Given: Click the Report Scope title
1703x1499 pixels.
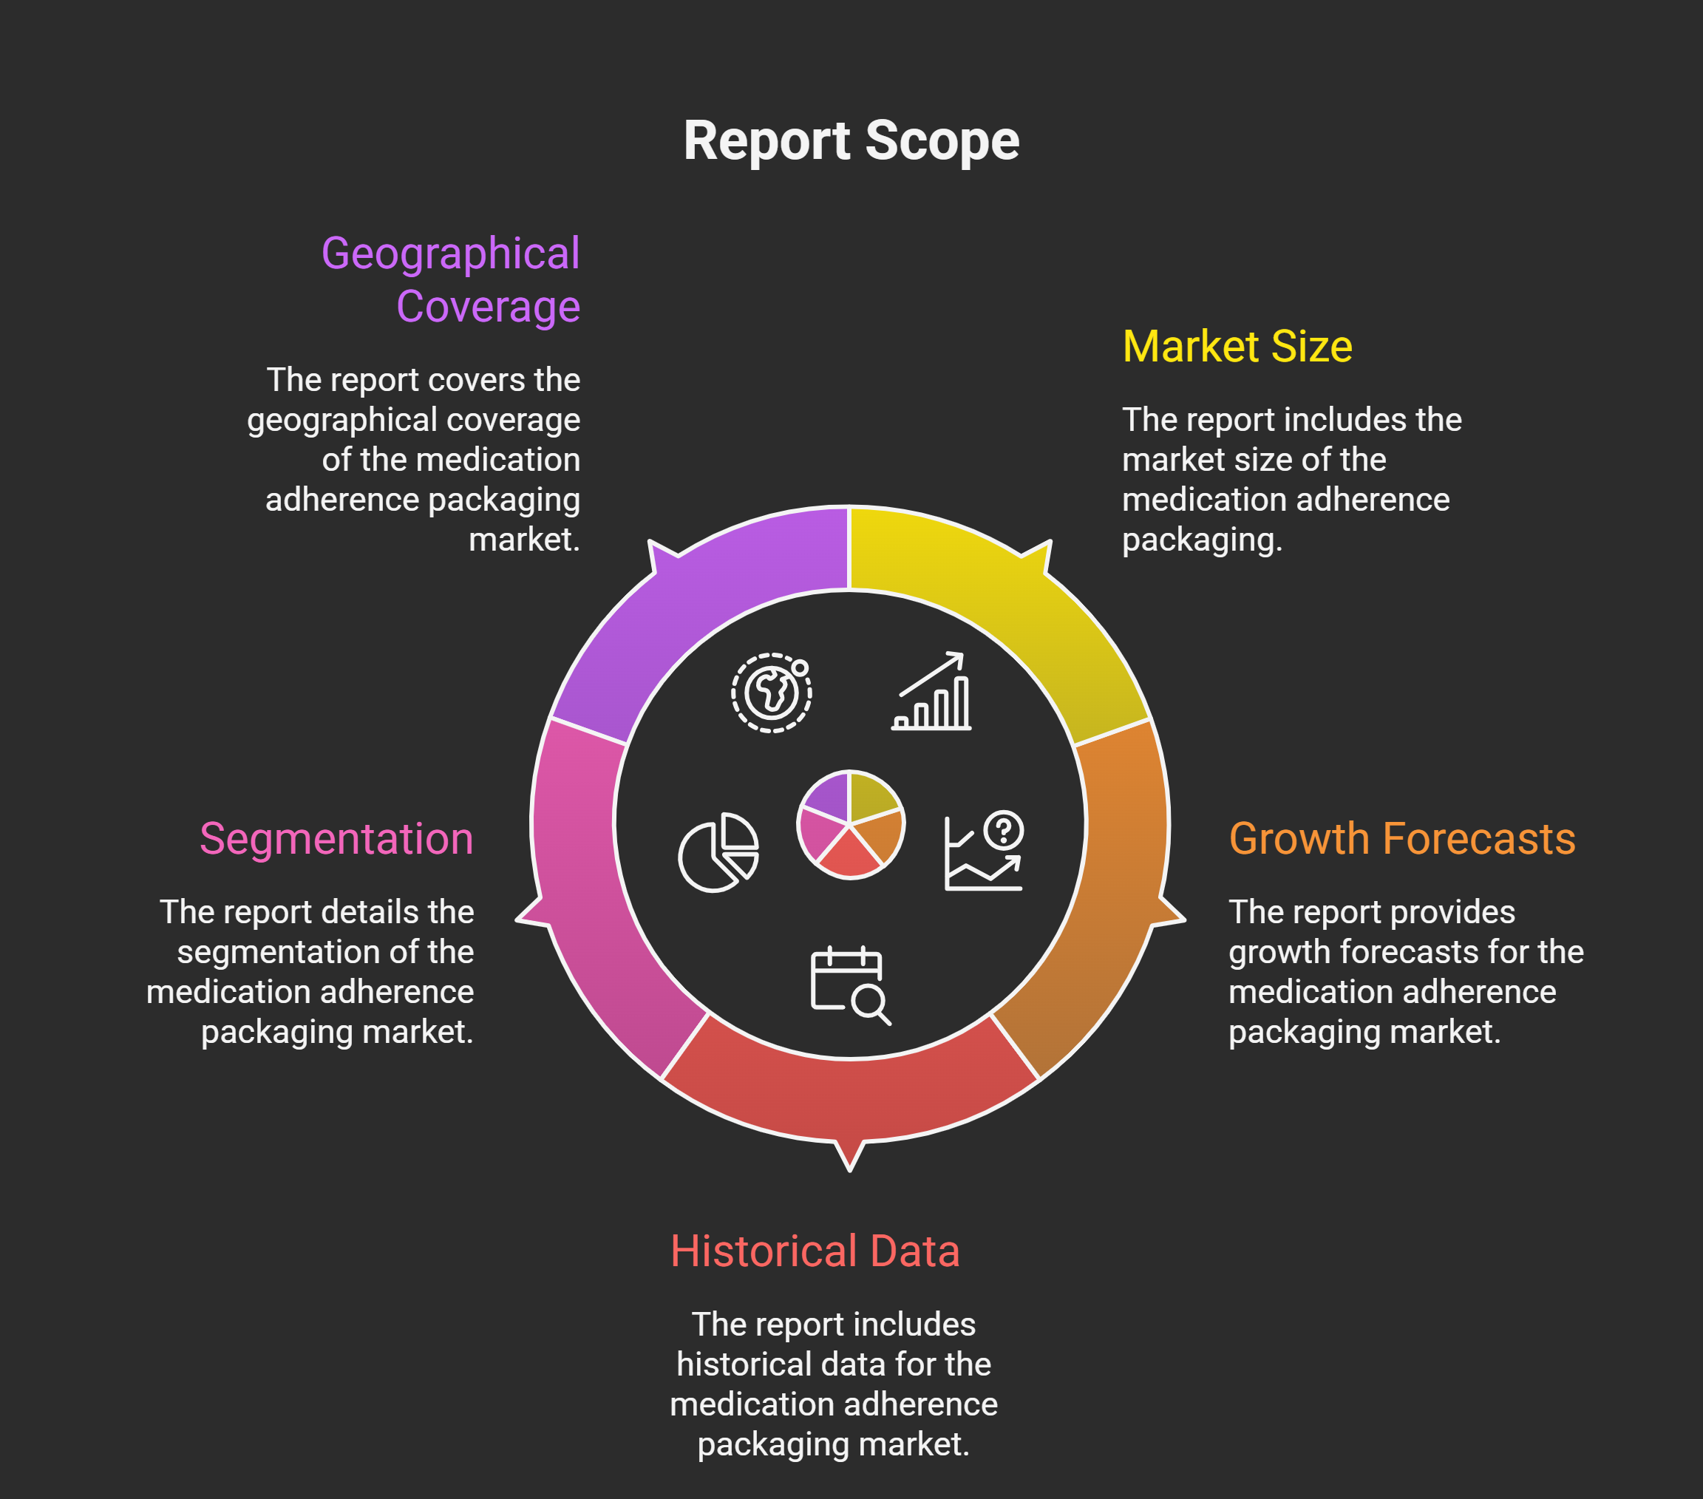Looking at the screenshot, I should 851,141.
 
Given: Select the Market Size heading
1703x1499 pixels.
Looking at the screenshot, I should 1237,347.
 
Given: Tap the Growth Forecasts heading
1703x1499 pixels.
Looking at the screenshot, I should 1401,838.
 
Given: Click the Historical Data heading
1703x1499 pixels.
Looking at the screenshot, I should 815,1251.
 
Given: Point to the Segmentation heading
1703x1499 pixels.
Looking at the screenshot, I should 336,838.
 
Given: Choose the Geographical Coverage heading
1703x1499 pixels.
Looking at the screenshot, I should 451,280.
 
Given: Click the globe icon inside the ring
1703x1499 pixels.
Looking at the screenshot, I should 772,693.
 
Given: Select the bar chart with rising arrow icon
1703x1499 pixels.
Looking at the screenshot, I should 931,692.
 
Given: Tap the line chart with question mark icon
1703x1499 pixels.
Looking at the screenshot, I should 984,851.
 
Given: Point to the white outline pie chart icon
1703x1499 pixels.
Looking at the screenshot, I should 718,852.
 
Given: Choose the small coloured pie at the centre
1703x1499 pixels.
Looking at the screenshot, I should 850,824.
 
